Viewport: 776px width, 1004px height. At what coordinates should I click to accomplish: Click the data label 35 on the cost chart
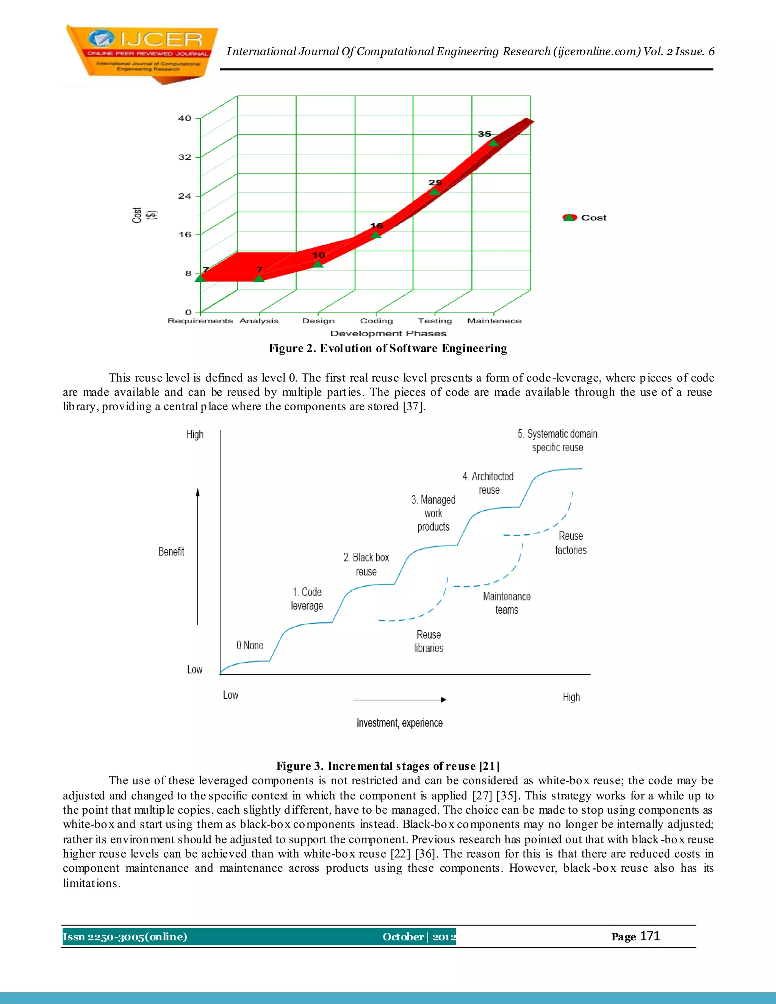pos(484,134)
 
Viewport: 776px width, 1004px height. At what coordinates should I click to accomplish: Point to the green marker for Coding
pos(376,235)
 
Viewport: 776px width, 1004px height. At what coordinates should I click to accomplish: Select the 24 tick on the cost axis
pos(185,196)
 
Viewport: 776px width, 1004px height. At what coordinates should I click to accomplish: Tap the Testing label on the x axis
pos(435,321)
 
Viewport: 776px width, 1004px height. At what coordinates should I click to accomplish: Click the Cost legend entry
pos(585,217)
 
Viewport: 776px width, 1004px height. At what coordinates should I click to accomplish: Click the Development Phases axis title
pos(388,333)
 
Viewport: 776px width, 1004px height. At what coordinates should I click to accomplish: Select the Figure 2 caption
pos(388,349)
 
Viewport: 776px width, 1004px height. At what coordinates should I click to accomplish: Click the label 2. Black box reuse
pos(366,564)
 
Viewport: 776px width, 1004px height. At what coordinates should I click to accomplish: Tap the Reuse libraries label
pos(429,641)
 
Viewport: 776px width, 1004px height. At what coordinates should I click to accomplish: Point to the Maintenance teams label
pos(507,603)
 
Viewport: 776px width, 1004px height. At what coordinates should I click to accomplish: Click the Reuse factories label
pos(571,543)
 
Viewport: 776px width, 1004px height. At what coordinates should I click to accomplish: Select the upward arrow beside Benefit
pos(198,556)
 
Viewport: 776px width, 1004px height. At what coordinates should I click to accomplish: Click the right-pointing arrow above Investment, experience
pos(399,699)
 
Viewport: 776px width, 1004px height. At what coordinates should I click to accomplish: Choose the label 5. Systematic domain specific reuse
pos(557,440)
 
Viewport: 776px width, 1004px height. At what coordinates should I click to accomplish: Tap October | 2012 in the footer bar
pos(419,937)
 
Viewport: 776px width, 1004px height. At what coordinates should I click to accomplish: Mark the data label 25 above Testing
pos(435,183)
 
